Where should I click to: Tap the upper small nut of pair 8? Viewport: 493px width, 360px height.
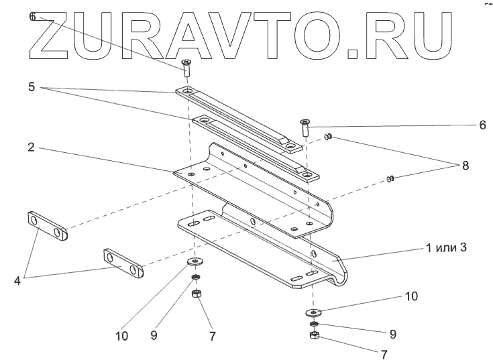tap(329, 137)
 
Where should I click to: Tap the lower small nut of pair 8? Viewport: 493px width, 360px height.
tap(391, 178)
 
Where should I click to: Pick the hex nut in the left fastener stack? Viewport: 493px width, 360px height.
tap(197, 294)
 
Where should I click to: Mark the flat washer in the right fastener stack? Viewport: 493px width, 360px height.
tap(312, 312)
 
